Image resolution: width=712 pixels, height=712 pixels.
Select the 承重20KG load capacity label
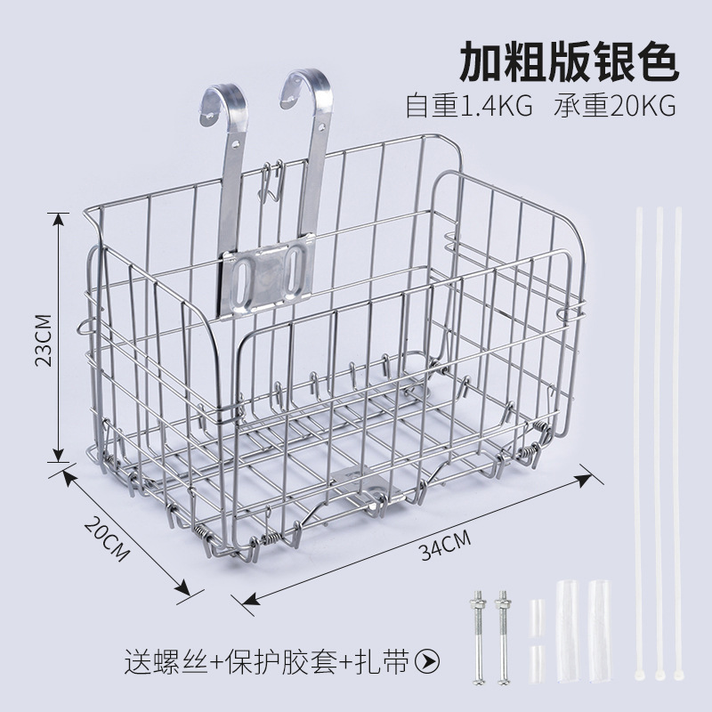tap(615, 107)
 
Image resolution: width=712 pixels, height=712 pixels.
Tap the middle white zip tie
tap(659, 445)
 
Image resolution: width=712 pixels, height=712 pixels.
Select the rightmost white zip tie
tap(679, 445)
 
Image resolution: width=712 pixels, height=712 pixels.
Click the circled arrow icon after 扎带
tap(431, 661)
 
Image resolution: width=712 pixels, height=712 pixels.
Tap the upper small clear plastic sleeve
tap(537, 613)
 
